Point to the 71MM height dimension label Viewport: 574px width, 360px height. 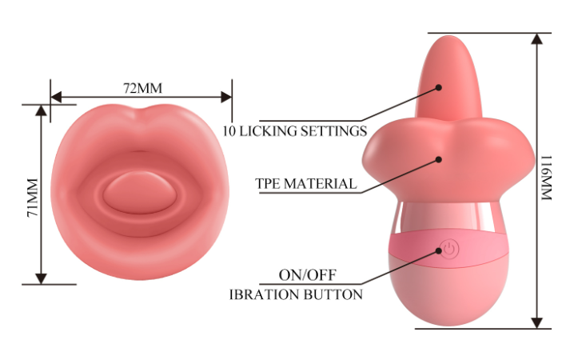tap(33, 195)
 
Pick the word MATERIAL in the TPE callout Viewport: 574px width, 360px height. tap(321, 183)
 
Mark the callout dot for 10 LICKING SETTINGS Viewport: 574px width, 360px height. tap(438, 89)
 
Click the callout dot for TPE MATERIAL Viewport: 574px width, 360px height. tap(439, 158)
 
